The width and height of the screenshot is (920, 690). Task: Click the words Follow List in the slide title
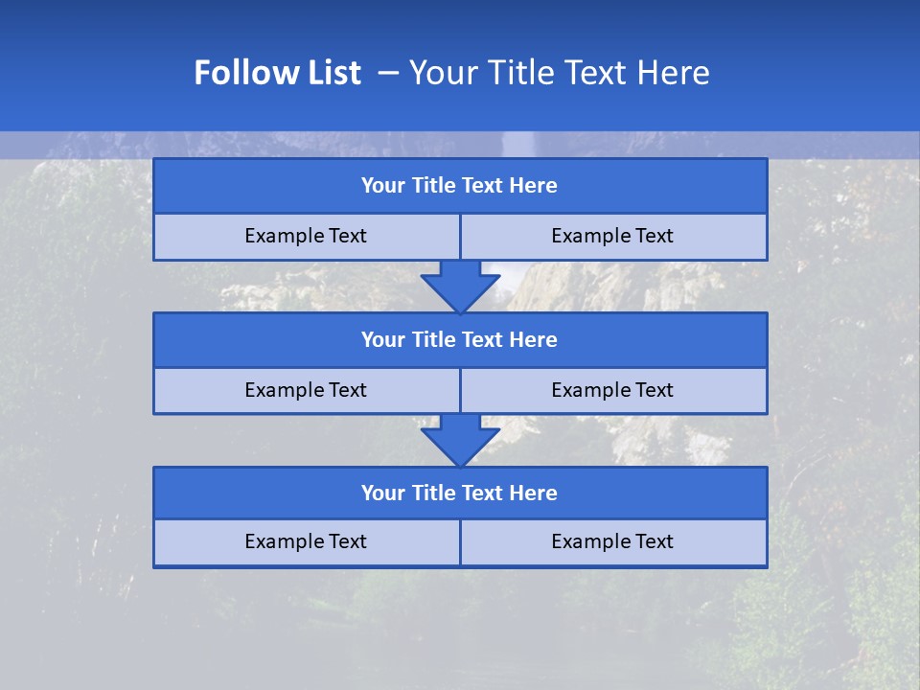[277, 73]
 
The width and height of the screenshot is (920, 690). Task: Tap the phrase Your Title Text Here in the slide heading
[559, 73]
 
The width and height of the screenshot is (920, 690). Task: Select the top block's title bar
[460, 186]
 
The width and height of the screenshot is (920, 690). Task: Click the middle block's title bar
[460, 339]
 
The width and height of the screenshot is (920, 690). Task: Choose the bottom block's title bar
[460, 493]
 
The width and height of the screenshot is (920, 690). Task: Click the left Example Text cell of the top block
[306, 236]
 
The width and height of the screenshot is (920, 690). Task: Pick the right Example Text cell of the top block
[612, 236]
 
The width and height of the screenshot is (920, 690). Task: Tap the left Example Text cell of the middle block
[306, 390]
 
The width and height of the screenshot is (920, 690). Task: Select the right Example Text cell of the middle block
[612, 390]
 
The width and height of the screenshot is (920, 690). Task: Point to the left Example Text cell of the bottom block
[306, 541]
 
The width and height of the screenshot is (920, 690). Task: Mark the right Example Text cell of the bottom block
[612, 541]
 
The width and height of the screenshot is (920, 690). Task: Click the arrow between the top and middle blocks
[460, 287]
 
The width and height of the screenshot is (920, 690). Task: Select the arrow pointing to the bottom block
[460, 441]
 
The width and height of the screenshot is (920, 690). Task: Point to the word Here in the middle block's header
[534, 339]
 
